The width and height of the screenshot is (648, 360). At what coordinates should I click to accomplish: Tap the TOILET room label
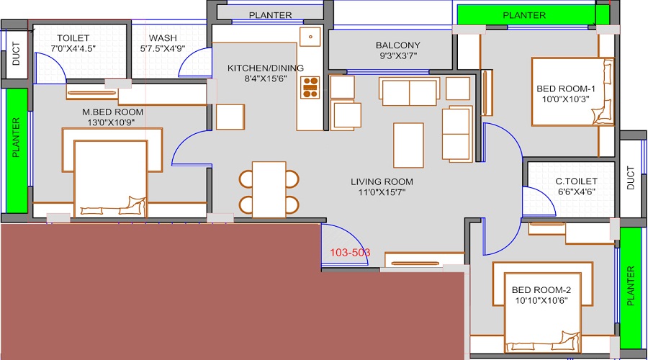(73, 38)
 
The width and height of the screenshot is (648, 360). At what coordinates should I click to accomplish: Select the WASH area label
(163, 38)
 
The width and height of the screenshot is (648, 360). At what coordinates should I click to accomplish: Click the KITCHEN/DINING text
(266, 68)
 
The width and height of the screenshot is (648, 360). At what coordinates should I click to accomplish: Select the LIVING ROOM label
(382, 181)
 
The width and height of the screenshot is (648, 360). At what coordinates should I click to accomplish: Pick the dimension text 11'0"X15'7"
(382, 192)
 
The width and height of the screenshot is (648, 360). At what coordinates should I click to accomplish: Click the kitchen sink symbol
(311, 36)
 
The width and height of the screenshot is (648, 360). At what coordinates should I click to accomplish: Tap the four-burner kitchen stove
(310, 86)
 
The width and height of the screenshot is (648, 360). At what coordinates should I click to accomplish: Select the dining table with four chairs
(269, 189)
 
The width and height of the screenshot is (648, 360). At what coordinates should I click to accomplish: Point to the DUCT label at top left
(16, 56)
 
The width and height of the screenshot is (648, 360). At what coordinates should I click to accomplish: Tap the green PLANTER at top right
(523, 14)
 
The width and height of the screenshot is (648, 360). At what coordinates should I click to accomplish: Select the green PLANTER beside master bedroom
(15, 150)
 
